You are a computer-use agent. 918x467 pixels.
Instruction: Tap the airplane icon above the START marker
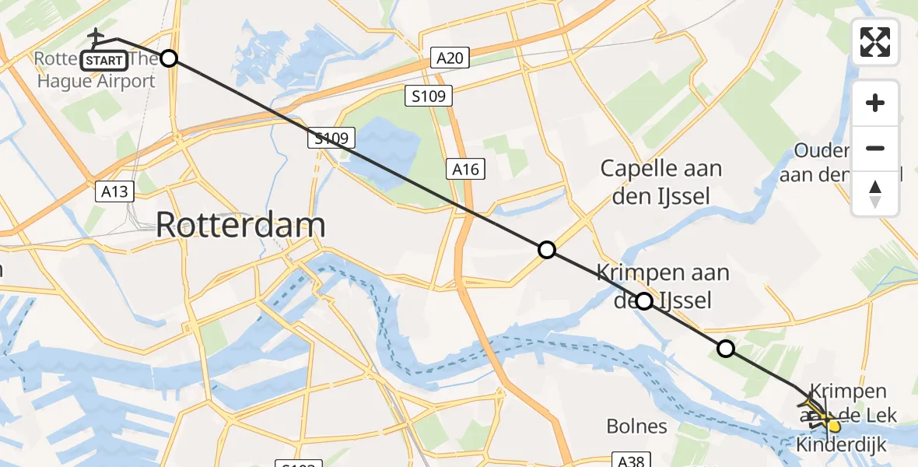[96, 37]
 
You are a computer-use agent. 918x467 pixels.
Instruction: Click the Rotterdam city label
[240, 226]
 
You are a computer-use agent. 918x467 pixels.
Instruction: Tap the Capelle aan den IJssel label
[661, 182]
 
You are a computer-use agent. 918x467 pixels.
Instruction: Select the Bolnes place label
[638, 426]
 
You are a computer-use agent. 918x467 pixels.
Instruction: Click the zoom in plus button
[875, 104]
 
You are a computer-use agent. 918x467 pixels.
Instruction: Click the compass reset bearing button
[875, 194]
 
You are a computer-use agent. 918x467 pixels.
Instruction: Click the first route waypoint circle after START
[169, 58]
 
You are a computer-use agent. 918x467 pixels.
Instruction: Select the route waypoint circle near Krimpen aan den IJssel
[644, 301]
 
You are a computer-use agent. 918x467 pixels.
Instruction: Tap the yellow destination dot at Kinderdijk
[834, 426]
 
